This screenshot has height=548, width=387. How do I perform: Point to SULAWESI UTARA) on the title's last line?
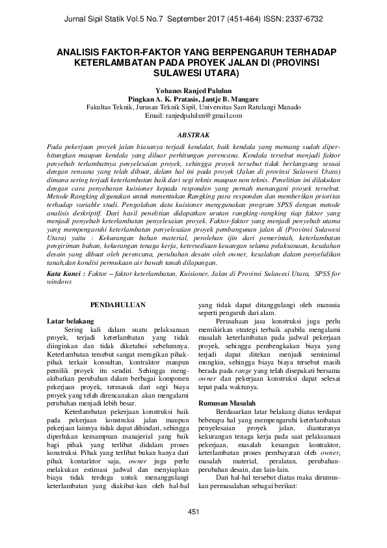194,74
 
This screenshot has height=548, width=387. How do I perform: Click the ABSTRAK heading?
193,130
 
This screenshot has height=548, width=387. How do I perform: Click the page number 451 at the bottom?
193,513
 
